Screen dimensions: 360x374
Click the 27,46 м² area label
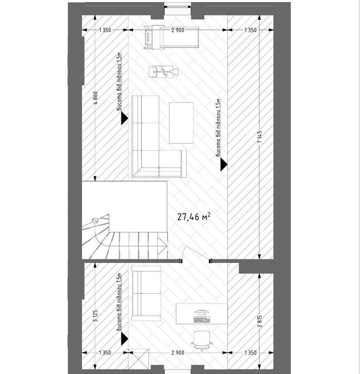click(x=194, y=216)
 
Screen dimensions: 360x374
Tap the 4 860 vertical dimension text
click(x=95, y=98)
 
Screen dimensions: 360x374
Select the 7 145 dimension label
click(x=260, y=136)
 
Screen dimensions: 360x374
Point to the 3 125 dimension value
click(x=95, y=316)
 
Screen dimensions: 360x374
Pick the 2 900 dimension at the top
click(x=178, y=30)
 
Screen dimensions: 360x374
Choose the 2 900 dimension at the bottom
click(x=178, y=353)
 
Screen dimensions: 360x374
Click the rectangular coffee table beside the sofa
click(x=181, y=123)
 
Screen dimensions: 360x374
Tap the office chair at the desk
click(x=202, y=340)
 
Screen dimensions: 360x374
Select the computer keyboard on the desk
click(x=202, y=320)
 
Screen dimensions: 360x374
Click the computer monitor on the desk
click(x=202, y=313)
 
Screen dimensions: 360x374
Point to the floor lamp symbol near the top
click(x=164, y=72)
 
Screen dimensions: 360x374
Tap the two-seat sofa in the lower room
click(x=146, y=293)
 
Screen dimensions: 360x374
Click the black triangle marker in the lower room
click(x=125, y=339)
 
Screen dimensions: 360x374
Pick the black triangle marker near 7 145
click(x=224, y=165)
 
